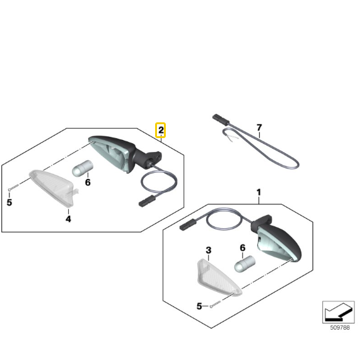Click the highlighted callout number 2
tap(161, 130)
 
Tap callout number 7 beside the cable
tap(259, 127)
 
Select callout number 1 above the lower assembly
tap(259, 192)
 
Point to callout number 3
tap(209, 250)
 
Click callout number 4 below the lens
tap(68, 219)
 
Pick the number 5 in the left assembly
tap(9, 202)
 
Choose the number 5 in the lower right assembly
tap(199, 306)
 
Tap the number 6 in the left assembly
tap(88, 183)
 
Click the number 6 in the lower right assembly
tap(243, 248)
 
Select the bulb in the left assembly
tap(83, 168)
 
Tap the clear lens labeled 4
tap(53, 187)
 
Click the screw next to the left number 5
tap(13, 187)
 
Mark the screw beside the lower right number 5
tap(216, 304)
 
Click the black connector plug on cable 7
tap(221, 120)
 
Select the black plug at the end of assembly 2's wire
tap(147, 201)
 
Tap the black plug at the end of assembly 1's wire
tap(189, 225)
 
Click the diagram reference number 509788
tap(340, 327)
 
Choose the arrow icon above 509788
tap(339, 312)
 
